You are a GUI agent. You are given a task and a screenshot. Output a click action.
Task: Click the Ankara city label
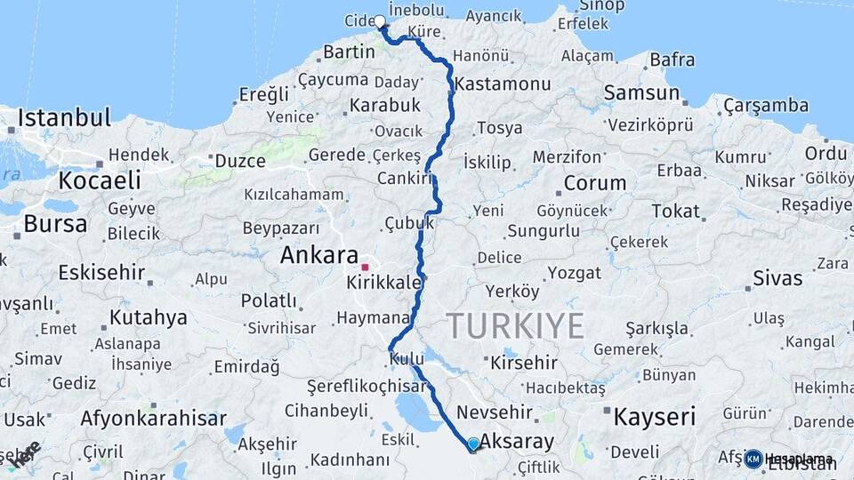pyautogui.click(x=318, y=255)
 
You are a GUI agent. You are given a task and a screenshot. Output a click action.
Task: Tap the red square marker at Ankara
pyautogui.click(x=365, y=267)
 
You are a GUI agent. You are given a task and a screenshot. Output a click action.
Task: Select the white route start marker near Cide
pyautogui.click(x=380, y=21)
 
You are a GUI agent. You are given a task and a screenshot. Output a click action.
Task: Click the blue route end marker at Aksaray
pyautogui.click(x=473, y=443)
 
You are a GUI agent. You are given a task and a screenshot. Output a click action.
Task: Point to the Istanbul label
pyautogui.click(x=63, y=116)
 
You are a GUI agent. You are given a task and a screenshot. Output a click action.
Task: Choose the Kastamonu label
pyautogui.click(x=503, y=85)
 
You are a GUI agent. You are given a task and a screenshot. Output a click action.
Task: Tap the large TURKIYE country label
pyautogui.click(x=515, y=326)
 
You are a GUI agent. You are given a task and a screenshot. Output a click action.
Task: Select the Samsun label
pyautogui.click(x=641, y=92)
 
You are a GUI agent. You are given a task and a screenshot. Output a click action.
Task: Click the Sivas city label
pyautogui.click(x=777, y=278)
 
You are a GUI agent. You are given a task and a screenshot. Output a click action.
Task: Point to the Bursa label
pyautogui.click(x=55, y=223)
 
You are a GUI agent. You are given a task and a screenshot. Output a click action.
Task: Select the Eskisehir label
pyautogui.click(x=101, y=273)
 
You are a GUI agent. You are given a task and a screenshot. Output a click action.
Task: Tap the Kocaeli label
pyautogui.click(x=100, y=180)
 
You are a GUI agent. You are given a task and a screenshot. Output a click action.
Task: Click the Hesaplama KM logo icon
pyautogui.click(x=753, y=459)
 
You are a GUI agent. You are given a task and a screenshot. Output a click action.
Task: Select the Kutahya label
pyautogui.click(x=148, y=317)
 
